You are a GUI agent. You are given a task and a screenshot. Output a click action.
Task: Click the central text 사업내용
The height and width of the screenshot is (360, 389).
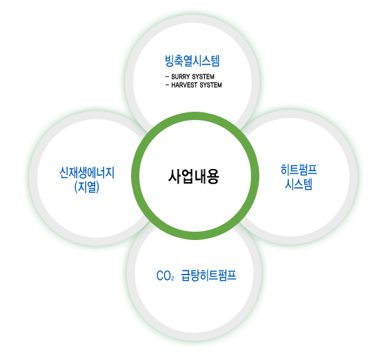194,177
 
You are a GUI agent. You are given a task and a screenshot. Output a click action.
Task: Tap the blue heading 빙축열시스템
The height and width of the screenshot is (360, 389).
192,61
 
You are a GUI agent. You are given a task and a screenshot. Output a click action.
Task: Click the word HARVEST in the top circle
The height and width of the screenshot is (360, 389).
184,85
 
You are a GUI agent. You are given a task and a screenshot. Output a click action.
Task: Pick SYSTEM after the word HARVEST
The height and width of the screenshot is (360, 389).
210,85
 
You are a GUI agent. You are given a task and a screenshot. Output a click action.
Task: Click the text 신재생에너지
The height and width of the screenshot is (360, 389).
87,172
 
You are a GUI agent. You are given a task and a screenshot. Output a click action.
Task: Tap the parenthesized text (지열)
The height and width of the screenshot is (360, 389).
87,187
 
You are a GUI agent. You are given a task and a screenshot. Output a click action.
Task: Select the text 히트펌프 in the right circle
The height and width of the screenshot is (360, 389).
299,170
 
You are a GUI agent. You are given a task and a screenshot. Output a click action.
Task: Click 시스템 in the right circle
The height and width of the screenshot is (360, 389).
299,184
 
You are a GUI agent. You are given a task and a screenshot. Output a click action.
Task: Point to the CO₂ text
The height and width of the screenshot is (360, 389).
166,276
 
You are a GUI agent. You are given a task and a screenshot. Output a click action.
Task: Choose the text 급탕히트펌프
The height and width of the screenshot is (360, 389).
209,275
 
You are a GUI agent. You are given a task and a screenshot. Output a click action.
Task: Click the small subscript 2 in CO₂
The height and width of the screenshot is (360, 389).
172,279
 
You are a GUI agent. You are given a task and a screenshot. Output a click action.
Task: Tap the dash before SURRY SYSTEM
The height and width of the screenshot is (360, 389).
167,77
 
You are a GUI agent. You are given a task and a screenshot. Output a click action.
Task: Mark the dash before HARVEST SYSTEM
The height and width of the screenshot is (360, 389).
167,86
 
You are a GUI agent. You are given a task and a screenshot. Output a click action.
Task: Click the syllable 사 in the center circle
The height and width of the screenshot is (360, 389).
174,177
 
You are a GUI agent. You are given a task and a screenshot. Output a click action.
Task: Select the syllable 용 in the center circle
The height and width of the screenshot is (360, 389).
213,177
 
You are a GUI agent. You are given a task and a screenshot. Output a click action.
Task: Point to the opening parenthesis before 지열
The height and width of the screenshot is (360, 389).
76,187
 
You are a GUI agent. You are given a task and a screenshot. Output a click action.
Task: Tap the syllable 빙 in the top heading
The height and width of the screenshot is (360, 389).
170,61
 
